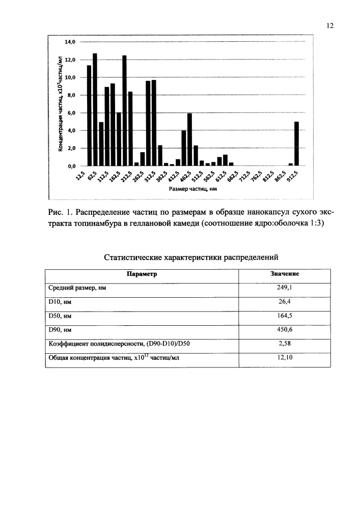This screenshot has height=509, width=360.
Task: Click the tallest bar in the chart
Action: coord(95,109)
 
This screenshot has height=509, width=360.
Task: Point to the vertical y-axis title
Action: coord(60,104)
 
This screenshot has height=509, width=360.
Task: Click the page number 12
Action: coord(329,26)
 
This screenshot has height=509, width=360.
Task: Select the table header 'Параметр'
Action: coord(142,274)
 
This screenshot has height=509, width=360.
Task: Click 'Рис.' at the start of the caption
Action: coord(54,213)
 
